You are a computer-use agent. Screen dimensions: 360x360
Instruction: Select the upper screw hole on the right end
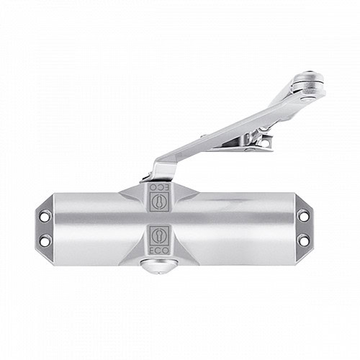(304, 215)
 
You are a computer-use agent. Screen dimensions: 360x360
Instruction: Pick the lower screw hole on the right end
(304, 239)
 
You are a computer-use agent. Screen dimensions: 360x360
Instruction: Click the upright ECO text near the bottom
(159, 251)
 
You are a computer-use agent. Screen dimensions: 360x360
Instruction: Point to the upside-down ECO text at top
(159, 188)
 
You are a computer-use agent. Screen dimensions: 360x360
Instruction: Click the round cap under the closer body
(159, 266)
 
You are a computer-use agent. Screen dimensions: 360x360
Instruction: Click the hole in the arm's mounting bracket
(265, 143)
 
